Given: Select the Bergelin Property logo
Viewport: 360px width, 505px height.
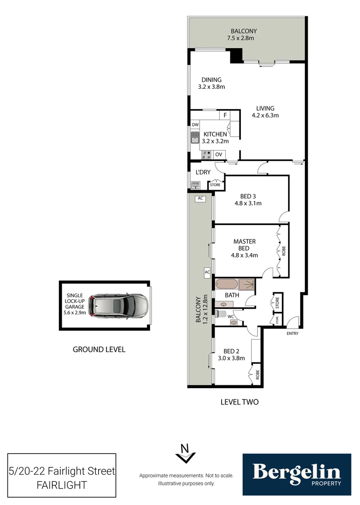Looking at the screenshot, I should point(296,474).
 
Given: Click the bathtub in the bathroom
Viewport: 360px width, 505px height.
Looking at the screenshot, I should point(226,283).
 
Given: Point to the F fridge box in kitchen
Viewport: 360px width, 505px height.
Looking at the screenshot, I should point(225,115).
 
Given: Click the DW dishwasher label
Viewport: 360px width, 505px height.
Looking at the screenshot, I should point(195,125).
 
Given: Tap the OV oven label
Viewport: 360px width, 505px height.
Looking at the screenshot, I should point(219,154).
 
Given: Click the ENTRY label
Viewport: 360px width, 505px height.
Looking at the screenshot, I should point(292,333).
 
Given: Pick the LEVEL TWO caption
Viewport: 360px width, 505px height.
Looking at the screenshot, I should point(239,402).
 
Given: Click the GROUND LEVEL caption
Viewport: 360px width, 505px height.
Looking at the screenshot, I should point(99,349).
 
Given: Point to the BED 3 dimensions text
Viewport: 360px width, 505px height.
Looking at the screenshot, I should point(248,203).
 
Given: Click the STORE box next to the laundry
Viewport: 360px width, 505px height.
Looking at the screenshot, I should point(215,185).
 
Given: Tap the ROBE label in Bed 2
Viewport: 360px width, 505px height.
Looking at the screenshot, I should point(257,375).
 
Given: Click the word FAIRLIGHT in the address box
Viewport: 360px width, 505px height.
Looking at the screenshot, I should point(61,485).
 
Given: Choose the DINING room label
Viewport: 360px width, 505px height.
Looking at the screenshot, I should point(211,79).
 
